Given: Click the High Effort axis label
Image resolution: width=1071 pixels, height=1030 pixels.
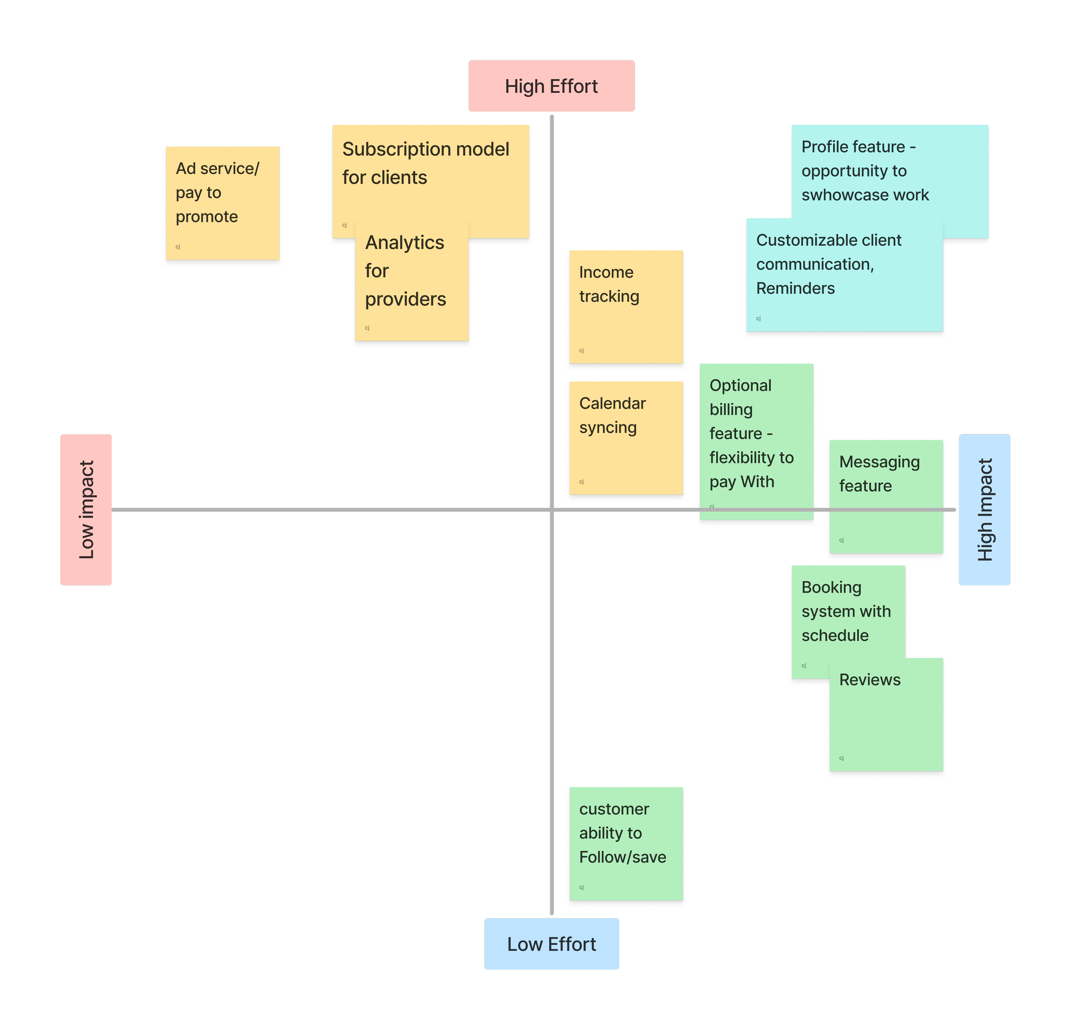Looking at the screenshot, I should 551,86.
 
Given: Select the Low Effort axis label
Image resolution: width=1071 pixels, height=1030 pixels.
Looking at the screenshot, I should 551,944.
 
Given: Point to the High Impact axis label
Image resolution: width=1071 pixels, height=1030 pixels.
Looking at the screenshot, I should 984,509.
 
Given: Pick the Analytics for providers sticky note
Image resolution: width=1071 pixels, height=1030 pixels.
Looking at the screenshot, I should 411,284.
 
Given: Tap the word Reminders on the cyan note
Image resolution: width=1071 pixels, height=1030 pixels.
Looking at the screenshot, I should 795,289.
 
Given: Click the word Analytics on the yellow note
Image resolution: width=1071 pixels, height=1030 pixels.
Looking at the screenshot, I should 404,242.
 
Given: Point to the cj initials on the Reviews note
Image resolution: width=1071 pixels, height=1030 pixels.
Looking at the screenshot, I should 841,758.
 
